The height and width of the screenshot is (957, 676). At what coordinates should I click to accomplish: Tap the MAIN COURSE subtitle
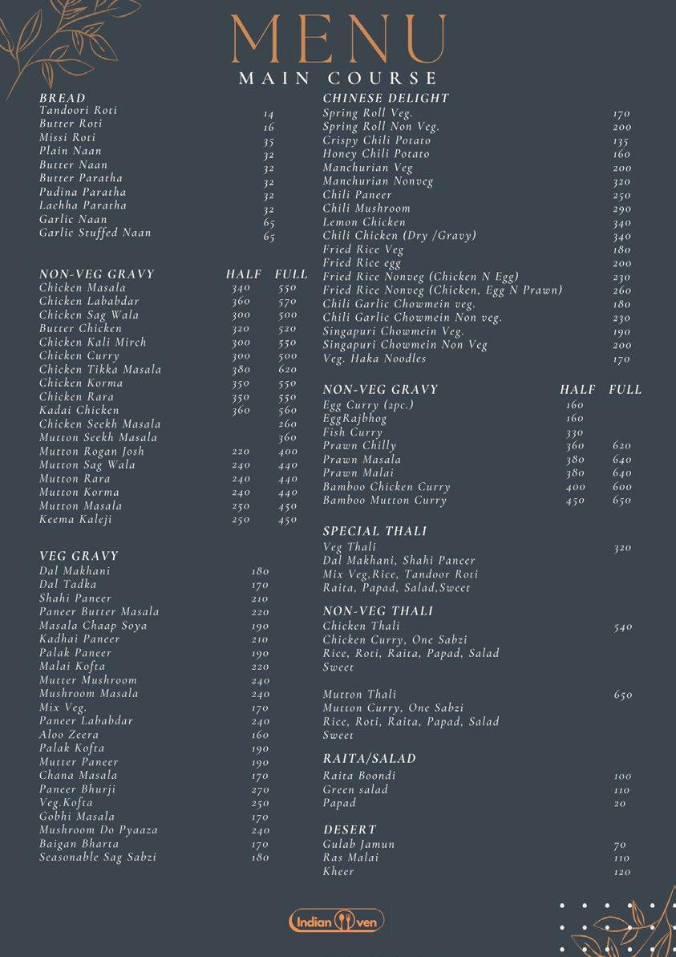[338, 79]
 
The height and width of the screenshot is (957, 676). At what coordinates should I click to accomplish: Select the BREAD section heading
[63, 98]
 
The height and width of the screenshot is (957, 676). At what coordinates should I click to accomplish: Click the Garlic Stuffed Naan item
[95, 233]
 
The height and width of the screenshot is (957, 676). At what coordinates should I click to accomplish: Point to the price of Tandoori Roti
[269, 115]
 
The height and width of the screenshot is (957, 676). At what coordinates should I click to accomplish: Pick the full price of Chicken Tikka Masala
[287, 370]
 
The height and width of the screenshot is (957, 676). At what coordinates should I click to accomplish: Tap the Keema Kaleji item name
[76, 519]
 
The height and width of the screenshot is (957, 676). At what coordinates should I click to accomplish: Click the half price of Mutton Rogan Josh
[241, 452]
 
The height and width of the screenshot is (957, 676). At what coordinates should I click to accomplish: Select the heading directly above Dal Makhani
[79, 555]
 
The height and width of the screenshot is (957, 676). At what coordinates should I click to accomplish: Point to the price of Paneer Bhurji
[260, 790]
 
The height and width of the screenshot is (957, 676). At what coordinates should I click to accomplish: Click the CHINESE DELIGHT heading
[386, 98]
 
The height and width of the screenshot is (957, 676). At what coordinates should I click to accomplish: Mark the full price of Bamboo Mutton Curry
[622, 501]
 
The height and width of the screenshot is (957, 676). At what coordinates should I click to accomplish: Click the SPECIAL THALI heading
[374, 531]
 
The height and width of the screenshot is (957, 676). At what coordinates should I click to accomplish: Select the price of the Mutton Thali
[623, 695]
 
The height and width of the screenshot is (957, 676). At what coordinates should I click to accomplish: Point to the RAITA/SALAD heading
[370, 758]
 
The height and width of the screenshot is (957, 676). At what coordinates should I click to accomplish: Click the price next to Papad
[620, 804]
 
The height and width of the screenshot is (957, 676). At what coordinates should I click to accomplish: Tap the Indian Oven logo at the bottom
[337, 921]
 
